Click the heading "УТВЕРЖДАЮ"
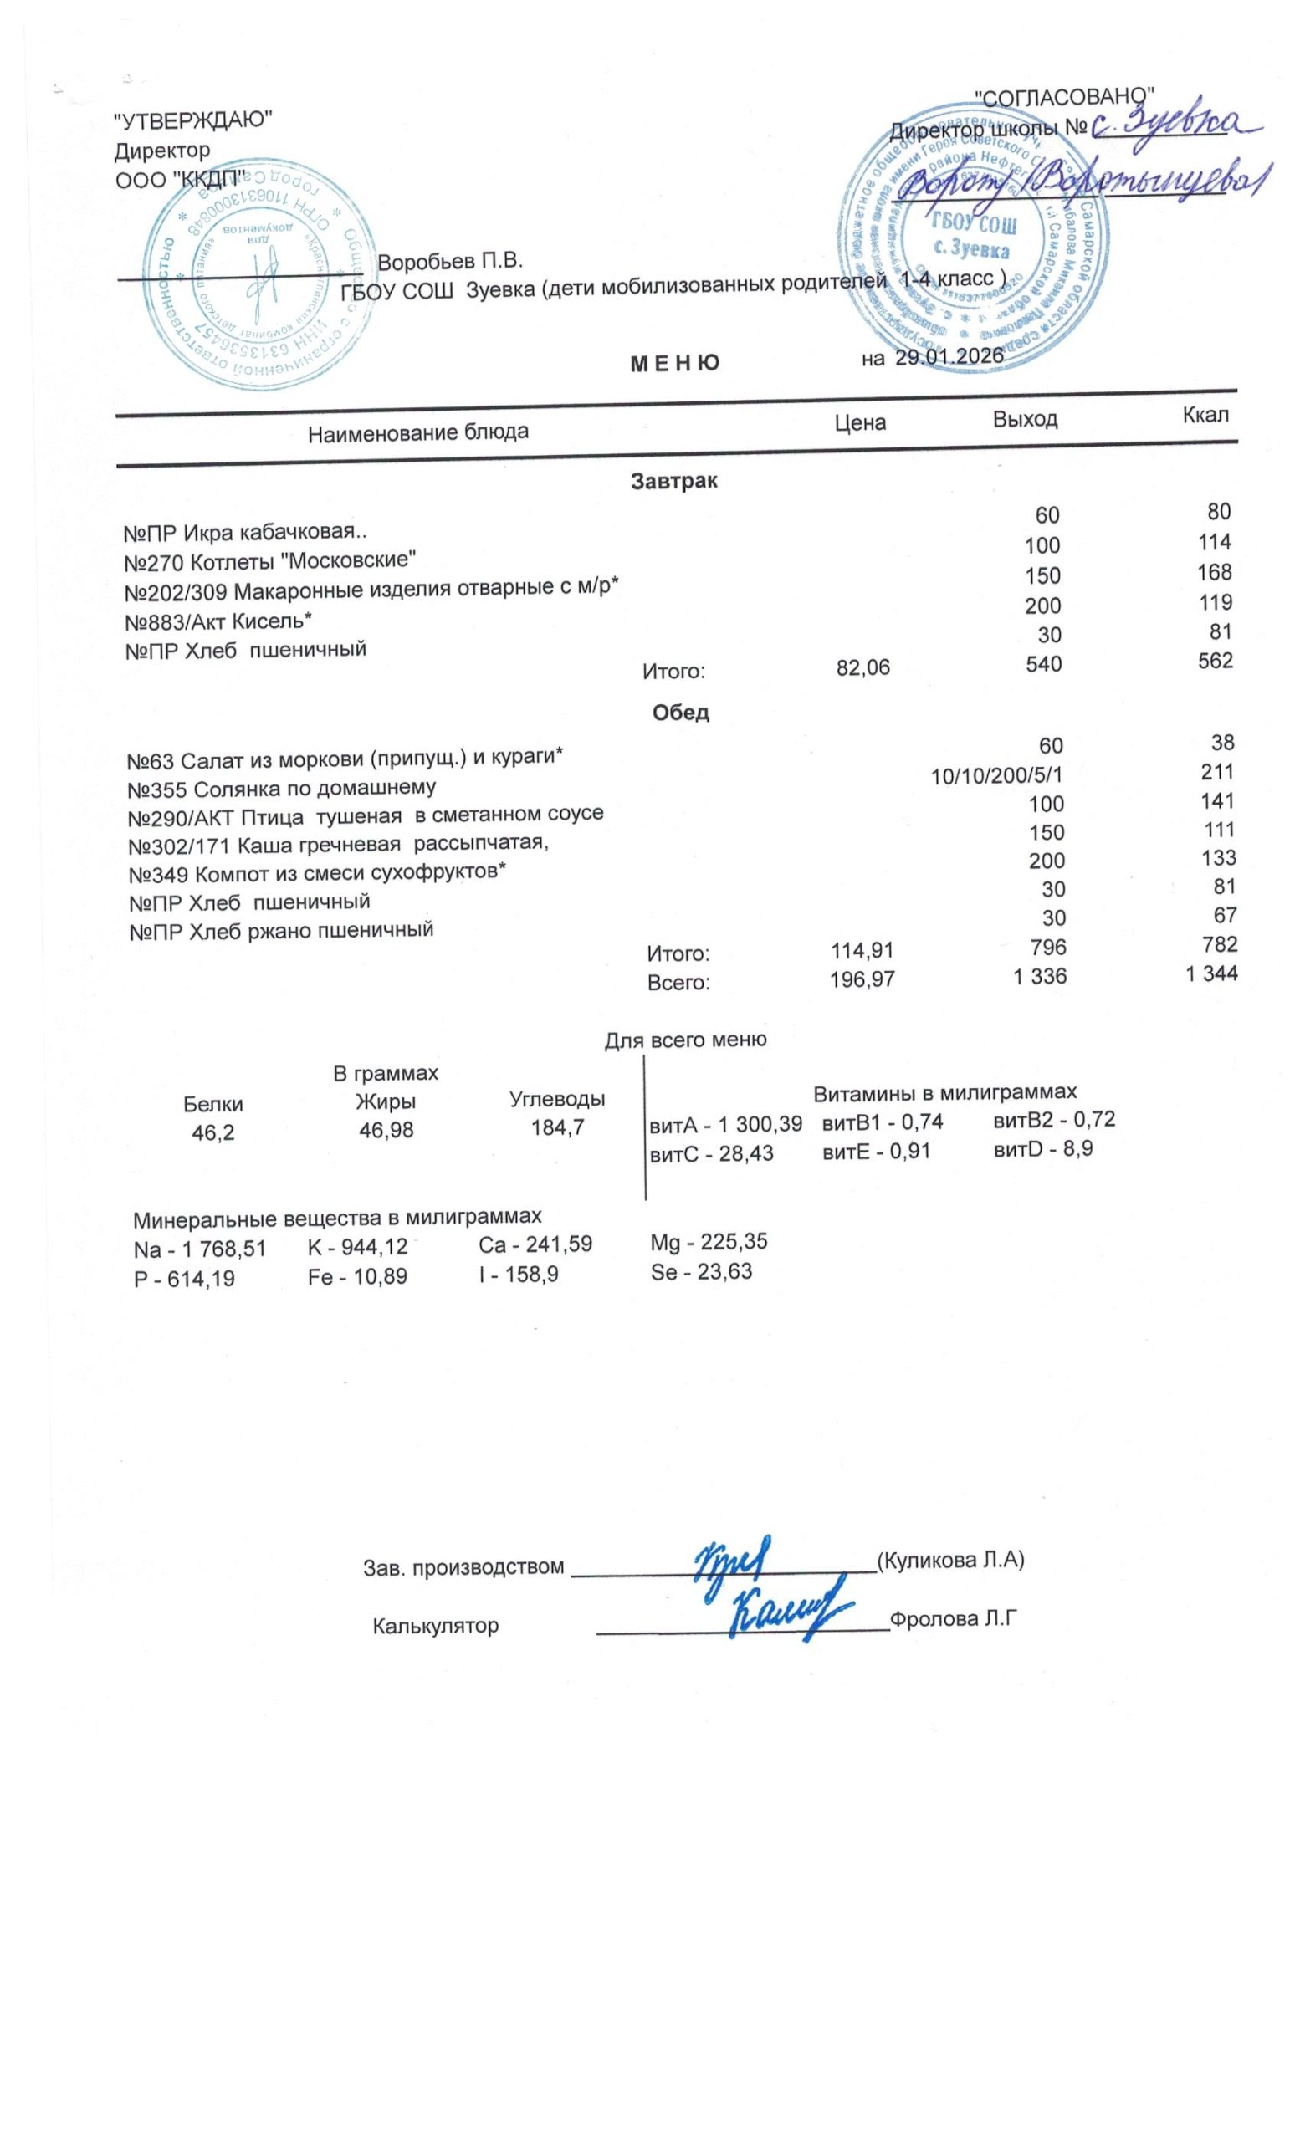click(x=194, y=120)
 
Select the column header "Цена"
click(x=859, y=423)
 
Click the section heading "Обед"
click(x=680, y=713)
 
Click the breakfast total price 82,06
click(x=862, y=667)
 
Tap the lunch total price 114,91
click(x=862, y=951)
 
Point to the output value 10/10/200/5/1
click(x=995, y=775)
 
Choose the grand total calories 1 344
click(x=1210, y=974)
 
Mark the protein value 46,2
click(x=212, y=1133)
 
